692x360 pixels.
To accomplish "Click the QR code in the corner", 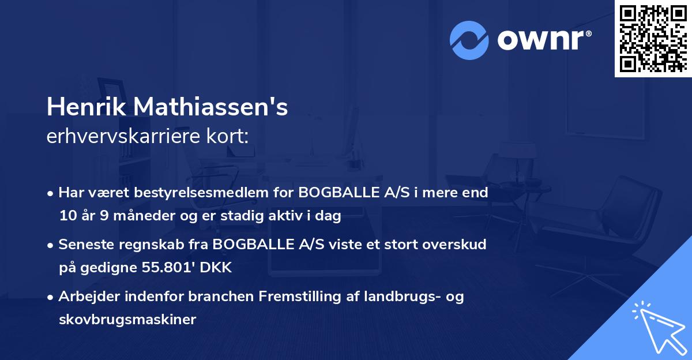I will click(653, 38).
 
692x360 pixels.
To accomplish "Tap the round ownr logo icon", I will click(469, 40).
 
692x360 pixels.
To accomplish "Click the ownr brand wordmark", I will click(543, 40).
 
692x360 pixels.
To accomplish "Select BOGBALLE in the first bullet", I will click(333, 193).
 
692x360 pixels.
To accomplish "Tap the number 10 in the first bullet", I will click(67, 216).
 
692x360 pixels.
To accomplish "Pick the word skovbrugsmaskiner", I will click(127, 320).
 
